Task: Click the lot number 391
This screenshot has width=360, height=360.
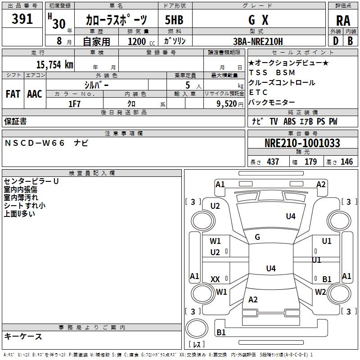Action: point(22,18)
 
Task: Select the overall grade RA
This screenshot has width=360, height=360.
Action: point(343,21)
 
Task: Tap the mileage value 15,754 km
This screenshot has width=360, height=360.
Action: point(54,64)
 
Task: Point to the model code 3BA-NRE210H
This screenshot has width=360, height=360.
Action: point(258,41)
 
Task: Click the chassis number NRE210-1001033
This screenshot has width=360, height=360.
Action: point(302,143)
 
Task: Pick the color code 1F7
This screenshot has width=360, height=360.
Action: point(74,104)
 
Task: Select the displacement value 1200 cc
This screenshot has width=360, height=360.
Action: point(141,41)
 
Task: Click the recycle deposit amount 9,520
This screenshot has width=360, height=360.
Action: point(227,104)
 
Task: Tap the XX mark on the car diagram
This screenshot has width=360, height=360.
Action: point(215,279)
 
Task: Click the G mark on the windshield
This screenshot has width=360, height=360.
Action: point(257,237)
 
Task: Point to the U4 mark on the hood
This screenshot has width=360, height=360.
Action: point(291,216)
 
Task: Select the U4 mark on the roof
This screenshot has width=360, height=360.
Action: point(271,268)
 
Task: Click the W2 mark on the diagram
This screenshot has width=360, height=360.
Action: point(320,292)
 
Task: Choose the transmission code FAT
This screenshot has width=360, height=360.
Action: point(13,94)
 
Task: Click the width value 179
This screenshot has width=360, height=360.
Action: point(310,162)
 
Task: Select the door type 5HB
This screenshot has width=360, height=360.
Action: point(174,20)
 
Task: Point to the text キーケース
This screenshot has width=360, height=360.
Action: point(23,336)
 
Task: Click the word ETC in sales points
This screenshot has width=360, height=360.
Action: point(258,92)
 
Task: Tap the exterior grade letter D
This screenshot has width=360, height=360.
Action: point(336,41)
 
